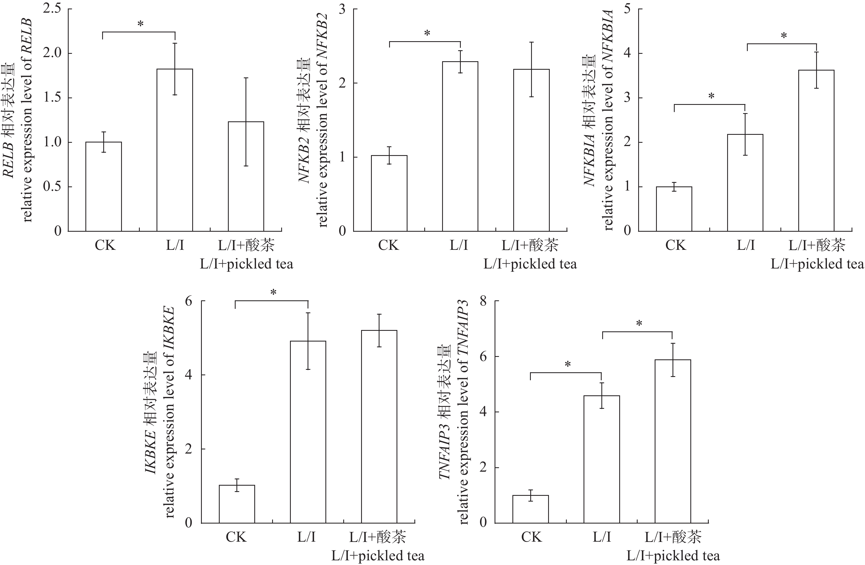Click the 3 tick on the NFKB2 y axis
coord(342,9)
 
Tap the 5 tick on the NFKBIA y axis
coord(627,9)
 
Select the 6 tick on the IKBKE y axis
coord(189,301)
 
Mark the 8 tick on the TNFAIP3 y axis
coord(483,301)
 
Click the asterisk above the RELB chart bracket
coord(140,24)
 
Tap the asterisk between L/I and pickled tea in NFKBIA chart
coord(784,36)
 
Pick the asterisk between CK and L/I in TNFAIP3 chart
coord(568,364)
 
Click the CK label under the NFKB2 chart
coord(388,245)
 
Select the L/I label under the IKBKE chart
coord(306,537)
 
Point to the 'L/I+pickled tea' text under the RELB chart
coord(246,264)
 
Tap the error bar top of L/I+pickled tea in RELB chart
coord(246,78)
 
